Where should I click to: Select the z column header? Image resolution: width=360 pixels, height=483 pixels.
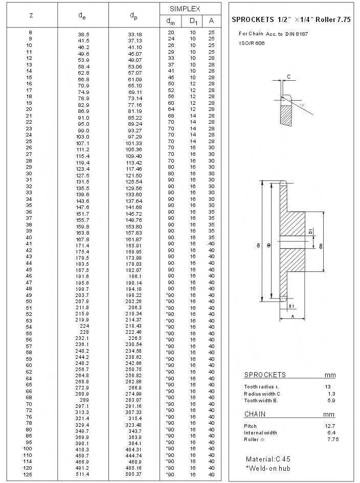pos(31,15)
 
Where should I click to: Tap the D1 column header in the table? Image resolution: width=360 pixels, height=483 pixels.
pos(193,21)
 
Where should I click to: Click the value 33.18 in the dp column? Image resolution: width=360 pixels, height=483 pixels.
pos(135,34)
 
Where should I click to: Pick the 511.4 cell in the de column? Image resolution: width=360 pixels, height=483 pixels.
pos(83,474)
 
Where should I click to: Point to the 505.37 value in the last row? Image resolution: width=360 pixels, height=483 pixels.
pos(135,474)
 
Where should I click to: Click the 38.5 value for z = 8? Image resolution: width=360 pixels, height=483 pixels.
pos(83,34)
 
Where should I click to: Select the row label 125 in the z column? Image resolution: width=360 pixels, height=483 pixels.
pos(29,474)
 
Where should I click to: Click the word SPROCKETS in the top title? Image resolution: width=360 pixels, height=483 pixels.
pos(253,20)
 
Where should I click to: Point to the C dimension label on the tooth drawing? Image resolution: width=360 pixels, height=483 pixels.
pos(288,77)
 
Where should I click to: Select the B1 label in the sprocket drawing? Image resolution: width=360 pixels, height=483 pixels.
pos(291,306)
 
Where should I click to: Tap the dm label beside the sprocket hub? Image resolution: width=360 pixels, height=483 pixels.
pos(321,245)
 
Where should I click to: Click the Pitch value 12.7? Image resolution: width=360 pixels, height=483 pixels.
pos(330,426)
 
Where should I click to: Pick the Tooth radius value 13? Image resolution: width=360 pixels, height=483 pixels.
pos(328,386)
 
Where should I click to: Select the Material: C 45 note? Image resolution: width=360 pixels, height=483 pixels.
pos(268,459)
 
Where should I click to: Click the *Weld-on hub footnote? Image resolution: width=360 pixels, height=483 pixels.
pos(268,468)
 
